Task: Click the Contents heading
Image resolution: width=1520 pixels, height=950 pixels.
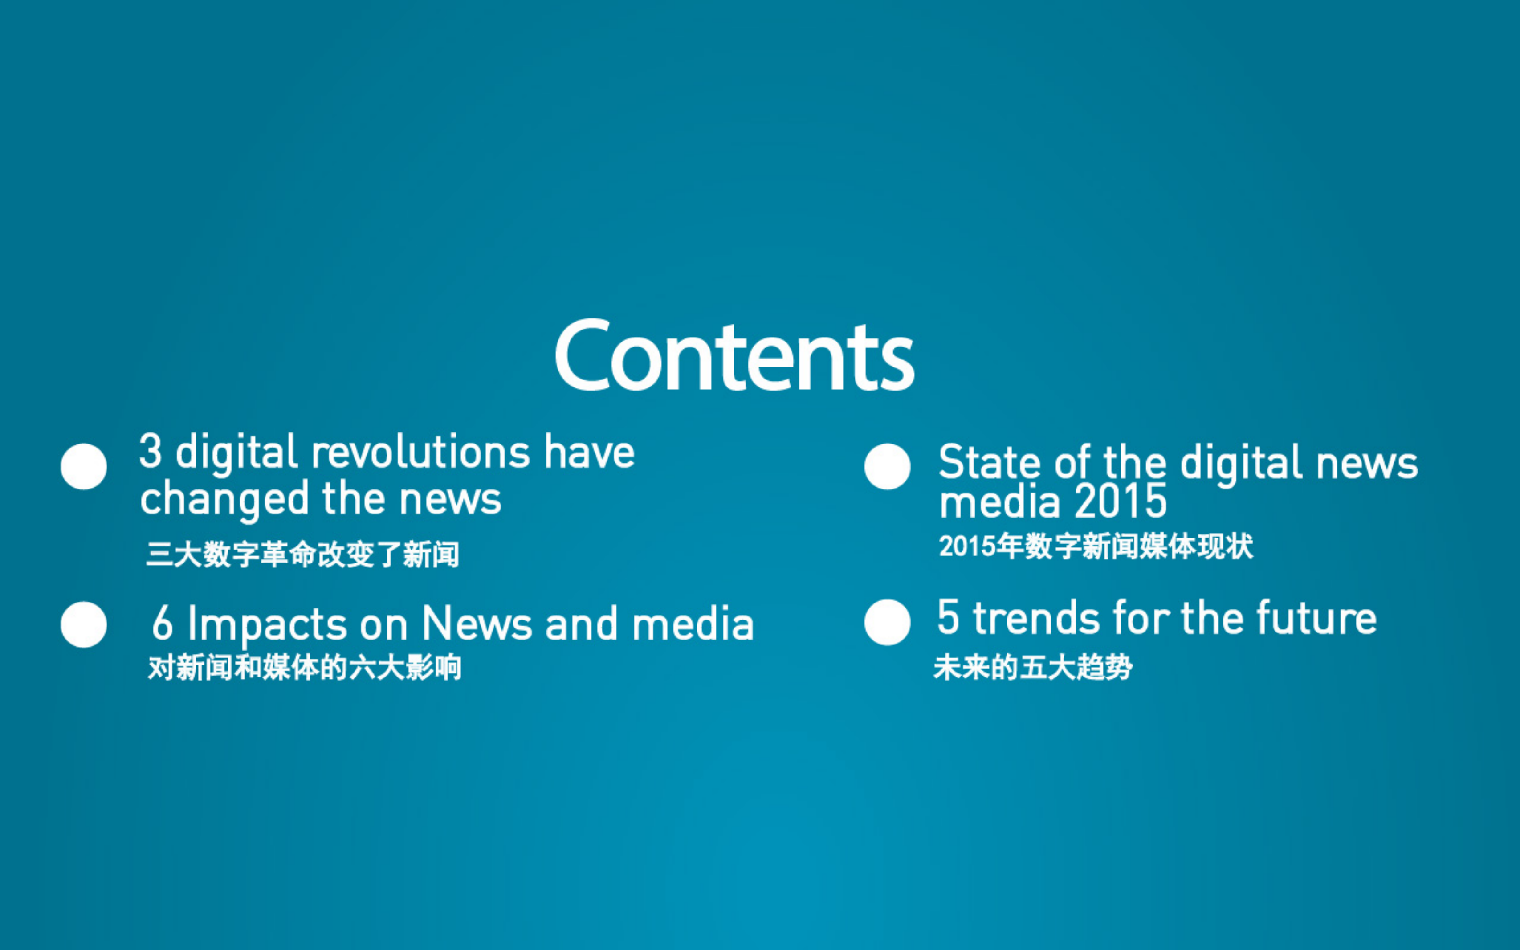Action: [x=734, y=355]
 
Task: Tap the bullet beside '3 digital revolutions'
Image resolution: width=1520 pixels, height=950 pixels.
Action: [x=84, y=466]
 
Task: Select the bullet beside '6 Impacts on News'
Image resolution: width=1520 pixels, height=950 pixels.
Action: [x=84, y=624]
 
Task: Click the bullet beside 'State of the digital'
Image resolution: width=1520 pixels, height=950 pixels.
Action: [x=887, y=466]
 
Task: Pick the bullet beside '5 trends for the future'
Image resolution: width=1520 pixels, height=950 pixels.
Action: [x=887, y=622]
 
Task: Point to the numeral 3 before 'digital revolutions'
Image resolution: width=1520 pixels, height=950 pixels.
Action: [x=150, y=450]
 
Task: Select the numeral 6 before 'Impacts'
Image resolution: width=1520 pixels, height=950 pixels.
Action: [x=162, y=623]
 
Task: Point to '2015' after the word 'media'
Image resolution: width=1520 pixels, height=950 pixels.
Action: [x=1121, y=501]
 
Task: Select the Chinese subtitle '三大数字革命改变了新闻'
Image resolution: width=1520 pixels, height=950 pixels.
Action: [x=302, y=554]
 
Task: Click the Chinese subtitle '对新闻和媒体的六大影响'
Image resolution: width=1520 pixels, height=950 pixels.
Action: [x=305, y=667]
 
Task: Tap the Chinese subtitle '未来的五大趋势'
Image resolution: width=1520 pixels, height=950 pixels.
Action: [x=1033, y=667]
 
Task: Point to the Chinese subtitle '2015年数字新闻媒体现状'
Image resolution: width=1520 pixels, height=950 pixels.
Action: [x=1096, y=546]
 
